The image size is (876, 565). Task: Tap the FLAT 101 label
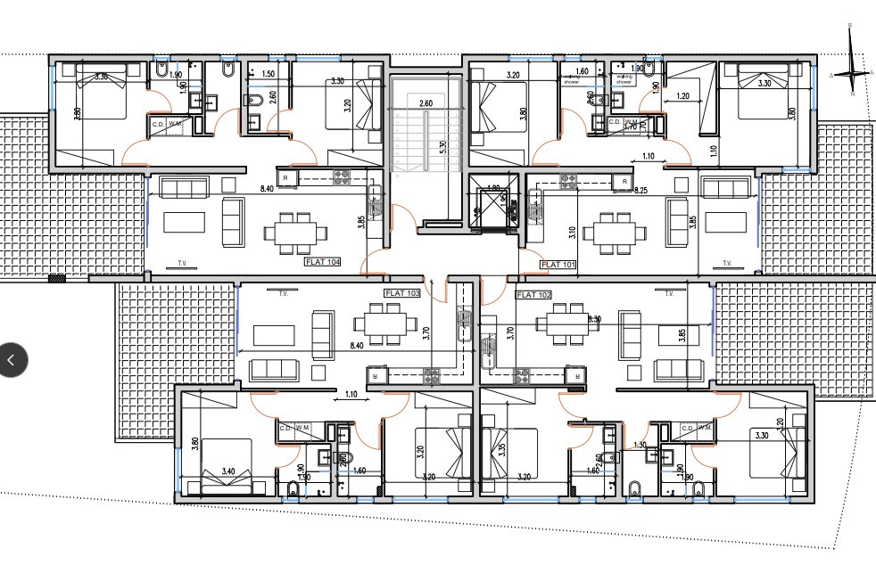(559, 265)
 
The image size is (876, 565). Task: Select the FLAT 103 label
(401, 293)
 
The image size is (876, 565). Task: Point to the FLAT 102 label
(534, 294)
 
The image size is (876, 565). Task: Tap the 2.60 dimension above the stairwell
(426, 103)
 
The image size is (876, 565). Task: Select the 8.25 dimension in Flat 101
(640, 191)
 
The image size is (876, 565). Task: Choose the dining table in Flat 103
(385, 322)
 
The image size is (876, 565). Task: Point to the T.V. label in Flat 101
(727, 264)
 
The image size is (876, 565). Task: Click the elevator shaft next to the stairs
(493, 202)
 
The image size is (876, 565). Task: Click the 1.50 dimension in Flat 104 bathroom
(268, 74)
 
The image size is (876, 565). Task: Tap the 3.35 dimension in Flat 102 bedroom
(502, 450)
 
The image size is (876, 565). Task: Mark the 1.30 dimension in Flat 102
(640, 446)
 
